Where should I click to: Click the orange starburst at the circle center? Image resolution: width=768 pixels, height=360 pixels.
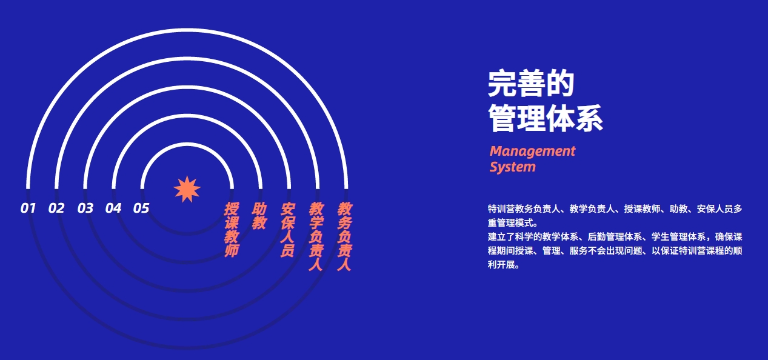click(x=187, y=189)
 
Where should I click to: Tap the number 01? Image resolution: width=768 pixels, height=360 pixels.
click(x=28, y=208)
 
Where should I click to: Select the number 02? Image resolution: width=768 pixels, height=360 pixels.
click(x=56, y=208)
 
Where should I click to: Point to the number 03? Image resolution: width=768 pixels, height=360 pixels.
click(x=85, y=208)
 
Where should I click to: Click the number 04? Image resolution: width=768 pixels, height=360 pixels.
click(x=113, y=208)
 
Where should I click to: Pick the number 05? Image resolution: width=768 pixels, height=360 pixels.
click(x=141, y=208)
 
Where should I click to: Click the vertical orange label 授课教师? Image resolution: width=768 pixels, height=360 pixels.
click(x=232, y=229)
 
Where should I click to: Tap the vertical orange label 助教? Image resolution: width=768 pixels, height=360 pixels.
click(x=259, y=216)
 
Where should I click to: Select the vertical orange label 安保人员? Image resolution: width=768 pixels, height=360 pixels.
click(x=288, y=229)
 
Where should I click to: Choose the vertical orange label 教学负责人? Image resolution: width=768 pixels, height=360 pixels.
click(x=316, y=236)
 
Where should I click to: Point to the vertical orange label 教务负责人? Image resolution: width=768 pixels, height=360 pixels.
click(x=344, y=236)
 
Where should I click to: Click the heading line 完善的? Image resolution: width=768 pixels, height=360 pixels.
click(x=531, y=83)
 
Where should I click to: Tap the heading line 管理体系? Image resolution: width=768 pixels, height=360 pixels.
click(x=546, y=118)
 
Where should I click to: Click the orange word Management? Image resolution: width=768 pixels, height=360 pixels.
click(x=532, y=151)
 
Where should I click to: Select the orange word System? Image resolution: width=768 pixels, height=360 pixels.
click(x=513, y=167)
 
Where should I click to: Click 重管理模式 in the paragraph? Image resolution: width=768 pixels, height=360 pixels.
click(x=510, y=223)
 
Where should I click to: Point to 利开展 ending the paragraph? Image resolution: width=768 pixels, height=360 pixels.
click(x=501, y=265)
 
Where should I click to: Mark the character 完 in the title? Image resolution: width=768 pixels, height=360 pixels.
click(x=502, y=83)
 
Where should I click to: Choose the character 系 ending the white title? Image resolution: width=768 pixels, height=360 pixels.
click(x=589, y=118)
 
